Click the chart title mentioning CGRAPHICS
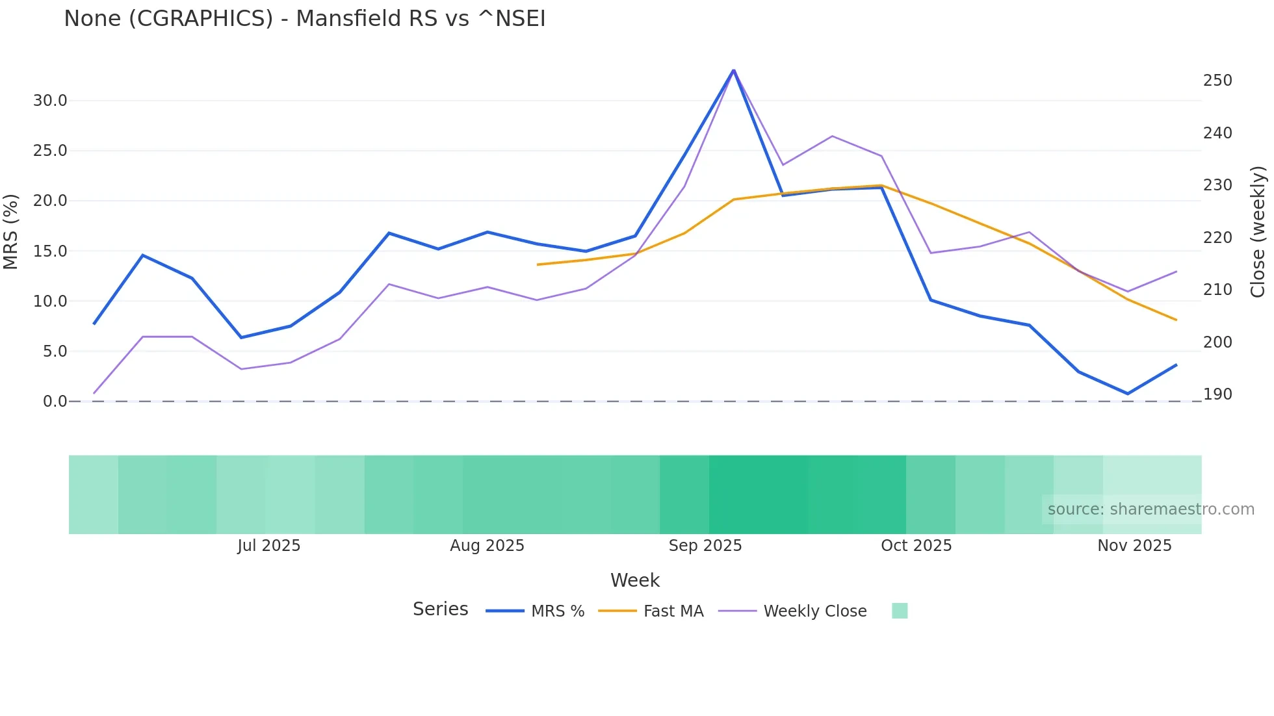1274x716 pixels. pos(304,18)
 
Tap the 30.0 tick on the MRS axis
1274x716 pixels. pos(50,101)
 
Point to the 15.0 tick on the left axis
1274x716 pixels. pos(50,251)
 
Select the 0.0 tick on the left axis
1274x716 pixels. pos(55,402)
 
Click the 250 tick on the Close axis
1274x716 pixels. pos(1217,81)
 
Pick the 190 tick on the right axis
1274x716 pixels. pos(1217,394)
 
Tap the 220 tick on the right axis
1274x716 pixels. pos(1217,238)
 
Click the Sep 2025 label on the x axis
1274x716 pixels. pos(705,546)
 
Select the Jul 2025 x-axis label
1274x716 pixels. pos(268,546)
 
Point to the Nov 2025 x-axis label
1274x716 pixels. pos(1134,546)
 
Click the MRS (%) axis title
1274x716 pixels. pos(10,231)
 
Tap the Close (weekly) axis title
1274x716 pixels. pos(1258,232)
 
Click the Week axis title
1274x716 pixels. pos(635,580)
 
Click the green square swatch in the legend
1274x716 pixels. pos(900,611)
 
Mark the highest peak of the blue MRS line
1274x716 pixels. pos(734,70)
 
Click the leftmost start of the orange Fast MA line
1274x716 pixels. pos(538,264)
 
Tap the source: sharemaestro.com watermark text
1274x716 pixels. pos(1150,509)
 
